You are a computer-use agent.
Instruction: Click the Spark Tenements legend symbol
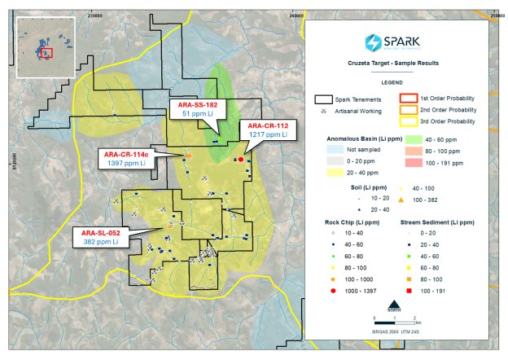(x=325, y=98)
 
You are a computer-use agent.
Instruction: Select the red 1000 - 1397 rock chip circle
(x=323, y=289)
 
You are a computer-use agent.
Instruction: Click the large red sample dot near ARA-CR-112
(x=241, y=160)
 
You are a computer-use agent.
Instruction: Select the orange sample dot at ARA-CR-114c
(x=189, y=155)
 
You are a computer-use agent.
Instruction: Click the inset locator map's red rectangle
(x=46, y=54)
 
